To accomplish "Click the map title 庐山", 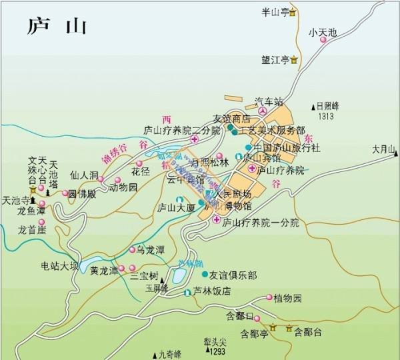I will tap(57, 26).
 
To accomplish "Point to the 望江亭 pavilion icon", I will tap(293, 61).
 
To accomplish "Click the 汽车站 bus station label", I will tap(269, 102).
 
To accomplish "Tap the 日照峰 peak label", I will tap(328, 106).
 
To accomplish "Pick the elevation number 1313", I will tap(326, 116).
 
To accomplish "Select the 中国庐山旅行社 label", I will tap(287, 147).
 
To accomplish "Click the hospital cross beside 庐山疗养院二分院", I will tap(194, 140).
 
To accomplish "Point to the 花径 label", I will tap(140, 171).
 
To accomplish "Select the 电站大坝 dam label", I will tap(60, 267).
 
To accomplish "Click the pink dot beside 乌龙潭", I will tap(132, 250).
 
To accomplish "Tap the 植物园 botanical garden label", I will tap(288, 297).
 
